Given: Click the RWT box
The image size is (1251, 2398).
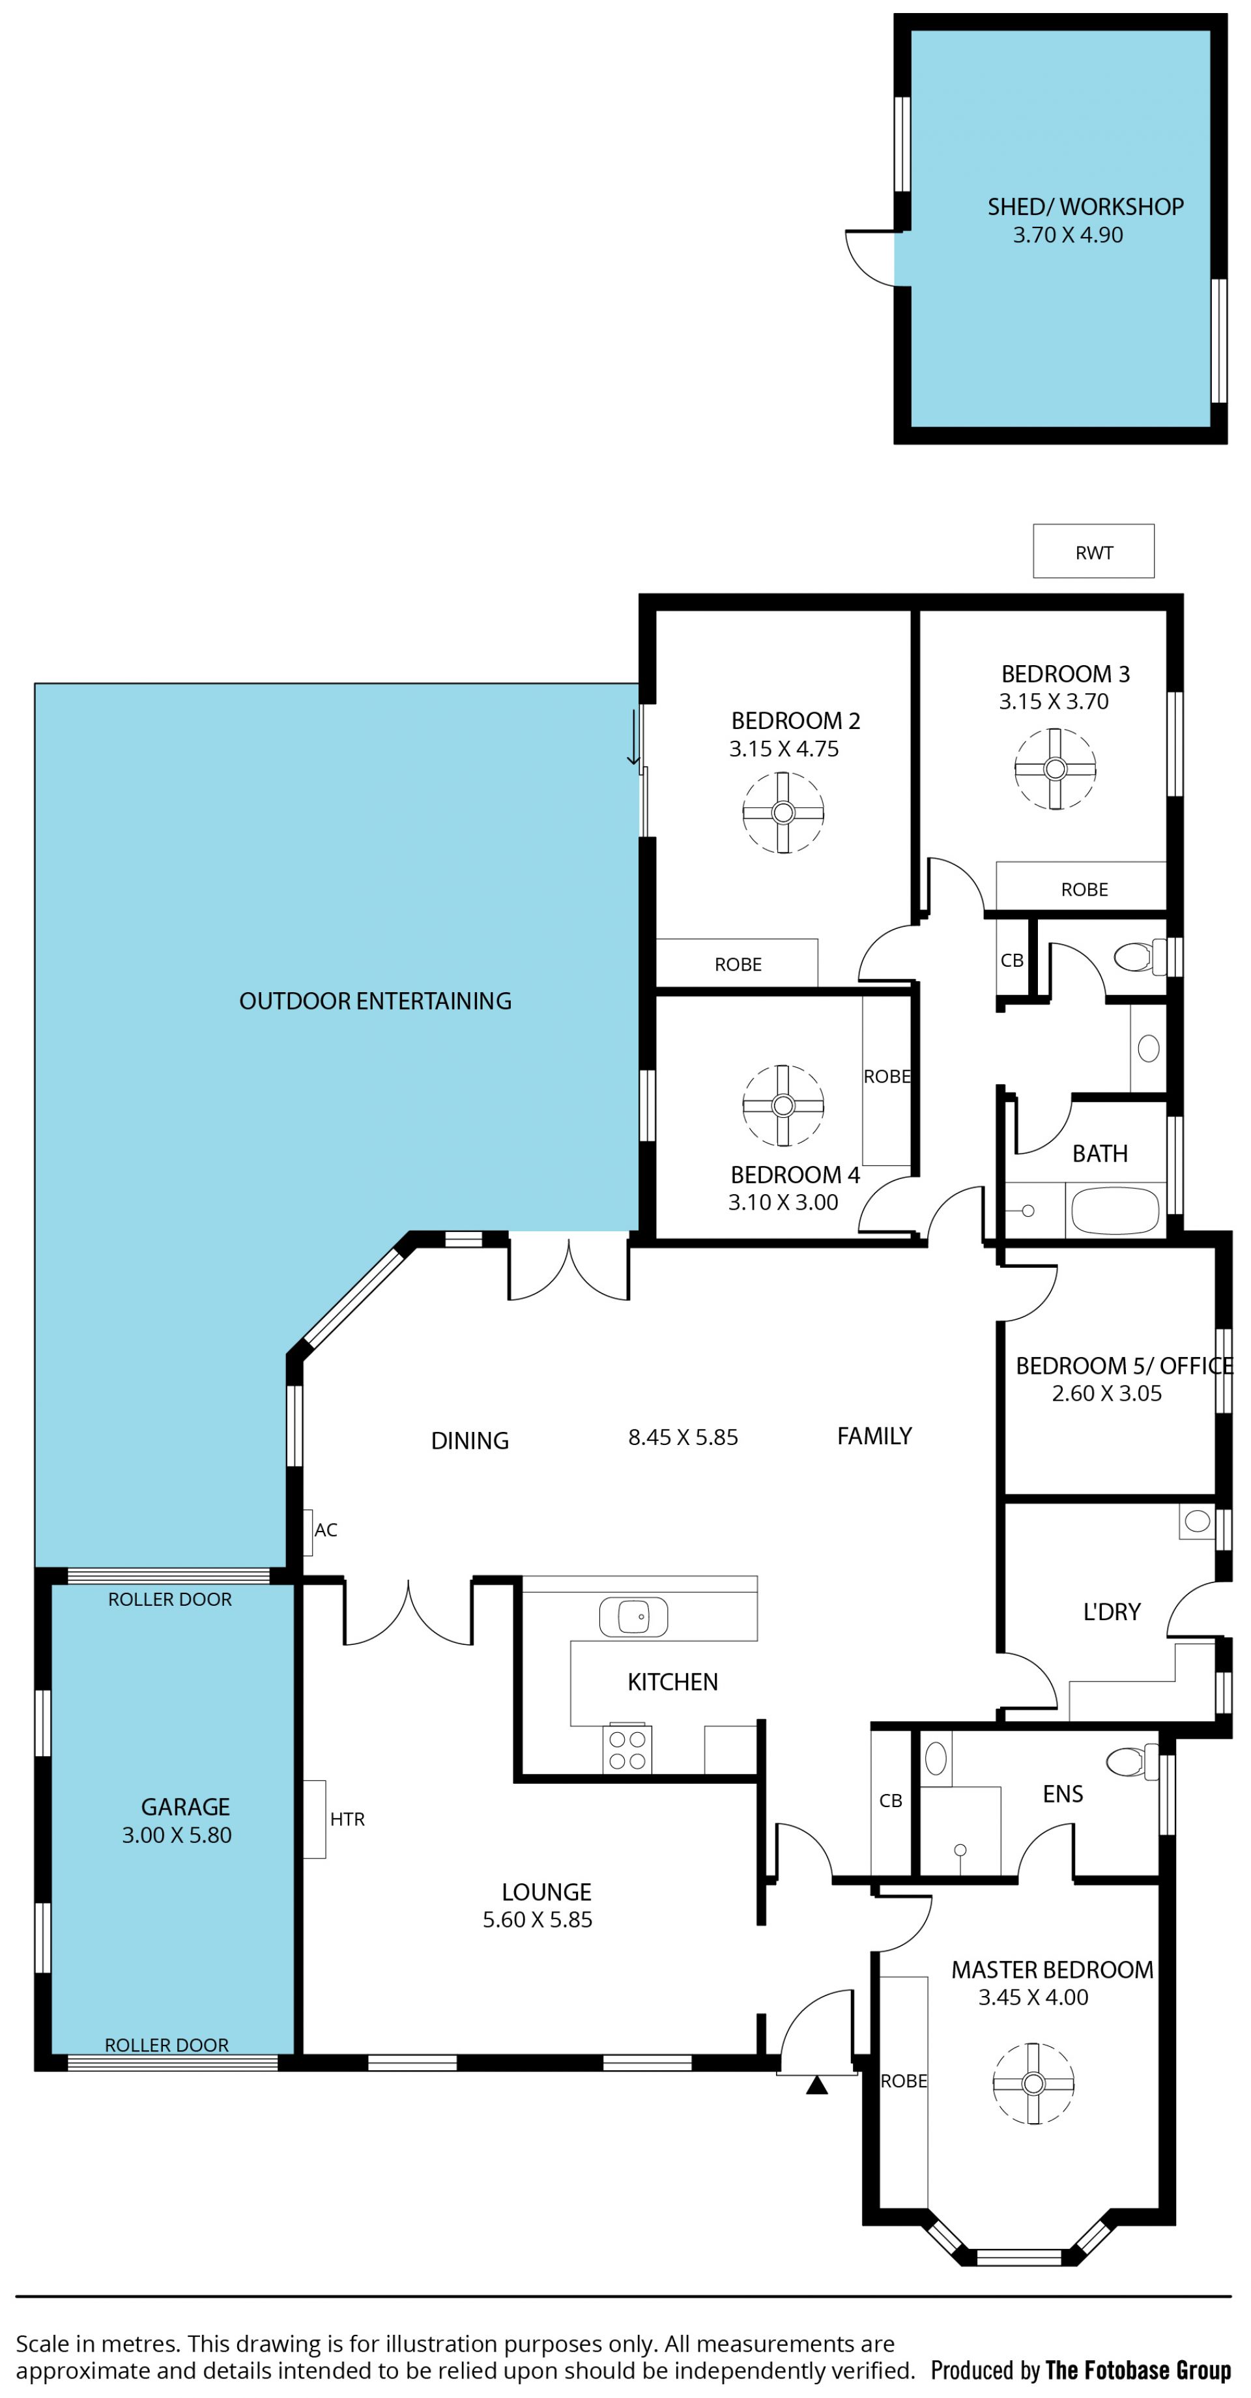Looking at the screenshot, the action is (x=1094, y=551).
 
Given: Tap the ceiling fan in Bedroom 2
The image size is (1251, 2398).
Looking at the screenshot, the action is (x=783, y=812).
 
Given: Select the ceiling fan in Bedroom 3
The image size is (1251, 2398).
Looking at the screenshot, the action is (x=1055, y=769).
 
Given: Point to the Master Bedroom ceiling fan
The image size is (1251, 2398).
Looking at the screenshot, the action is (x=1033, y=2083).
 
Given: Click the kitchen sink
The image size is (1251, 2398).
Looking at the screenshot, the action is (x=633, y=1616).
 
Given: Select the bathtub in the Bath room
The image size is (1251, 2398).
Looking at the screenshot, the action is (x=1115, y=1210).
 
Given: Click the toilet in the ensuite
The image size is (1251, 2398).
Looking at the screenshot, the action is (x=1132, y=1762).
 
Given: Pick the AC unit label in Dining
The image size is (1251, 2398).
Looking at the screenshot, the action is (x=326, y=1530).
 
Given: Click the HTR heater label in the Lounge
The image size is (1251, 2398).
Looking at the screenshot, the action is (x=347, y=1819).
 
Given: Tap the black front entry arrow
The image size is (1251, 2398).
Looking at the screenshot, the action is (x=816, y=2085).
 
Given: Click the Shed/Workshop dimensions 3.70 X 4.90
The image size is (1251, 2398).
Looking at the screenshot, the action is (x=1068, y=235).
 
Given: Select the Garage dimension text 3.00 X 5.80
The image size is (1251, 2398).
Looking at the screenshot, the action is (x=177, y=1834).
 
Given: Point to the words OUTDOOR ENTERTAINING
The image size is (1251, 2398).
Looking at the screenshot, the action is (x=375, y=1001).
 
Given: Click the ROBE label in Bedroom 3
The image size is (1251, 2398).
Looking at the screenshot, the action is (x=1084, y=889).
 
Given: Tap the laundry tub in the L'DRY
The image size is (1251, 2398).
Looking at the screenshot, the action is (x=1197, y=1521).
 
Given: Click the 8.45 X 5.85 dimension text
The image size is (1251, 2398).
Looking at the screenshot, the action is (x=683, y=1437).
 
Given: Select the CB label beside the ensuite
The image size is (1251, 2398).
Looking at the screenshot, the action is (x=891, y=1801).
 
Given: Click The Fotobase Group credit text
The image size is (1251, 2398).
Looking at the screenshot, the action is (x=1138, y=2369).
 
